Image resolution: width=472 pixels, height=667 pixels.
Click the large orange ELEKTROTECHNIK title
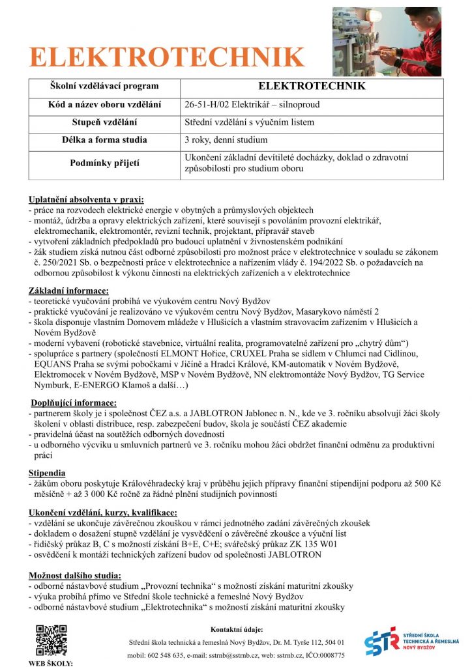(x=166, y=57)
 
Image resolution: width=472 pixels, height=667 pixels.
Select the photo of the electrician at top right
(x=386, y=42)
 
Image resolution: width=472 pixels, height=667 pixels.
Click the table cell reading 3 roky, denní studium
(x=226, y=139)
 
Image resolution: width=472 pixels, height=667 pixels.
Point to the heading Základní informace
(x=68, y=290)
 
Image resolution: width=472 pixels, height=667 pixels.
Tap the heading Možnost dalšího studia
(x=74, y=575)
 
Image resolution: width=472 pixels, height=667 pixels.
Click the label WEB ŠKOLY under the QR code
(x=51, y=663)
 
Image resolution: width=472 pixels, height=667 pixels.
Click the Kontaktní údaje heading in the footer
(x=237, y=629)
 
